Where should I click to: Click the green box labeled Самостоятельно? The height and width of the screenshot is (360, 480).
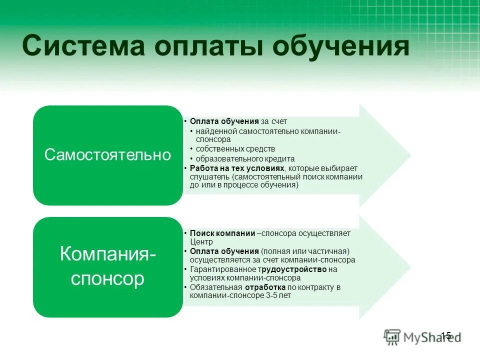pos(107,155)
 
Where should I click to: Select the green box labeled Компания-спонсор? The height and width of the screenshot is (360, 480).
pos(107,266)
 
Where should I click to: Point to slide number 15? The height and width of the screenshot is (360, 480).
pos(446,335)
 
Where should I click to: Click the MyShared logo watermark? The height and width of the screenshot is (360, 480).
pos(422,337)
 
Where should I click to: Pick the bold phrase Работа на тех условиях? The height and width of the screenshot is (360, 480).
pos(237,168)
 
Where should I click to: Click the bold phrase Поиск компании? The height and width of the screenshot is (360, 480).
pos(222,233)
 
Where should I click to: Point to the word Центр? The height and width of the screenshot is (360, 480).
pos(201,241)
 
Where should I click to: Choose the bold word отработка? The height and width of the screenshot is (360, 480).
pos(265,287)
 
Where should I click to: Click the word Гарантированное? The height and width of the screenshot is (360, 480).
pos(216,269)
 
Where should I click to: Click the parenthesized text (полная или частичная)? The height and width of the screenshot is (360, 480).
pos(304,251)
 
